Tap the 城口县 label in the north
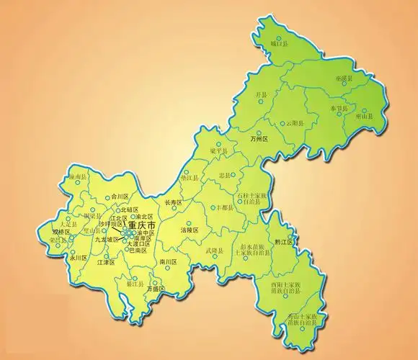click(x=279, y=45)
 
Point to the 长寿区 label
click(x=174, y=203)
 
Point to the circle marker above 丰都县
click(x=220, y=201)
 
